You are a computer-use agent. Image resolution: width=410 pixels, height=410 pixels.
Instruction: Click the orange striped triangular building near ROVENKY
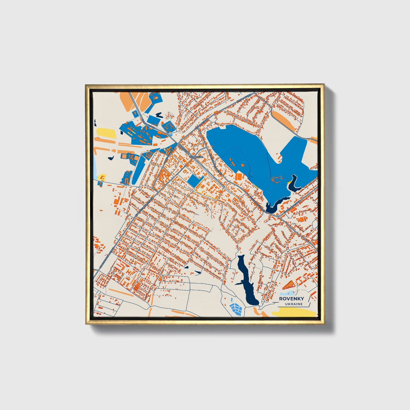289,285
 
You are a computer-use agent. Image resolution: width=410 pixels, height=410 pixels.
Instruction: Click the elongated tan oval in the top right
284,119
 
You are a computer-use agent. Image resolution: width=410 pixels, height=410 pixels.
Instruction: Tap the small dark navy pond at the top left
158,115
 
